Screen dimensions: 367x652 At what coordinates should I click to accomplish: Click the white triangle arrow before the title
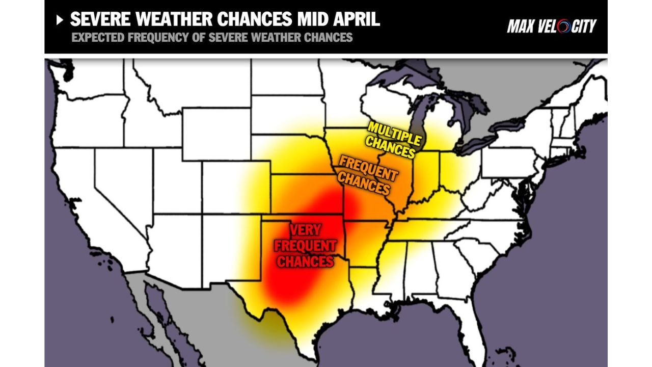click(60, 20)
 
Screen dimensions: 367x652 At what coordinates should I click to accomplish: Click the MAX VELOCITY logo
click(552, 26)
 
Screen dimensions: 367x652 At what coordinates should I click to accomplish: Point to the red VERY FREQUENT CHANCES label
click(305, 246)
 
